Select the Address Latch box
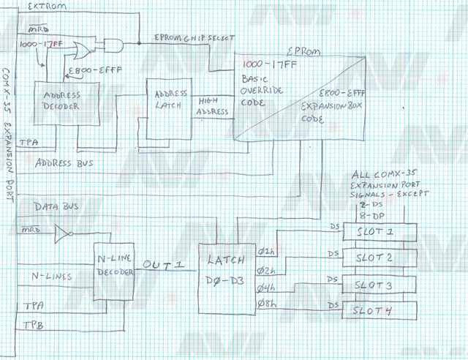tap(169, 108)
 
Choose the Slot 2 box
tap(380, 258)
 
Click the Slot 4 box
tap(380, 310)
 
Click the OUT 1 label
tap(165, 264)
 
